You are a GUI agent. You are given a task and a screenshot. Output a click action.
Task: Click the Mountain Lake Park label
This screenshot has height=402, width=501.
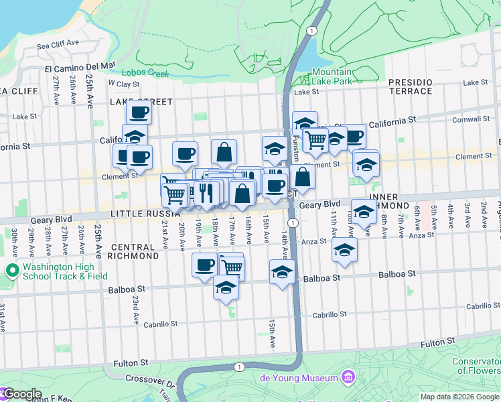(x=332, y=76)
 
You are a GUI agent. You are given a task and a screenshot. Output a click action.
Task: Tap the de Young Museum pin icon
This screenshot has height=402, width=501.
(x=346, y=378)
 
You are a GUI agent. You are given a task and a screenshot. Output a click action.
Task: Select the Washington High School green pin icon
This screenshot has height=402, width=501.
(x=11, y=271)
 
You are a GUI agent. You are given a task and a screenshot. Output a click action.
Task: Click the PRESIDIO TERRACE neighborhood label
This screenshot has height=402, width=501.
(x=411, y=86)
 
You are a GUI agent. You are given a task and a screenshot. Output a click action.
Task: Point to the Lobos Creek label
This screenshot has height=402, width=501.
(x=145, y=74)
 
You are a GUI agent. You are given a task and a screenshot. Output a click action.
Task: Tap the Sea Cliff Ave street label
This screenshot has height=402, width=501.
(x=58, y=45)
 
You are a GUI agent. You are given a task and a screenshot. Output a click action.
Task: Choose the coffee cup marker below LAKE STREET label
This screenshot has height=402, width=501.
(x=139, y=112)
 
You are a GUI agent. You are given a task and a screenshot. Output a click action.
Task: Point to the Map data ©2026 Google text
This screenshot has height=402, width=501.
(x=459, y=397)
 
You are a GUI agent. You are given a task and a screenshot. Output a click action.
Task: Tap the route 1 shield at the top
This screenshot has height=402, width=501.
(x=310, y=31)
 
